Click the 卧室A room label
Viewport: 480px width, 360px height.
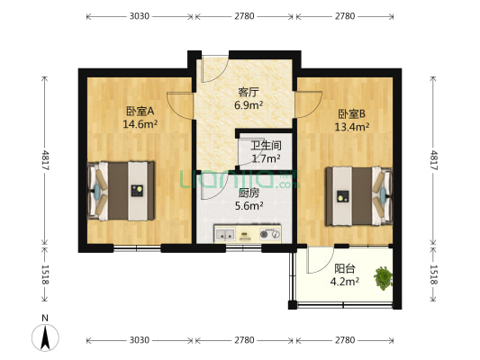[140, 112]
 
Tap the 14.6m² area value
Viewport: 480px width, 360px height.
[140, 124]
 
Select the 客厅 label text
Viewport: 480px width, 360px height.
[249, 92]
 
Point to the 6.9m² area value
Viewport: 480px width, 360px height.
[249, 104]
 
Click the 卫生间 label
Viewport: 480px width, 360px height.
[265, 145]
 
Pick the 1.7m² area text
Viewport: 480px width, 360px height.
[265, 157]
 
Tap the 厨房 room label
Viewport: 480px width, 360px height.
[248, 193]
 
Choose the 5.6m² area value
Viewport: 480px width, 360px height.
[248, 205]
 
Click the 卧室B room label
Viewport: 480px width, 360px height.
[352, 114]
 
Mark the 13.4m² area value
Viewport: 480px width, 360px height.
[352, 127]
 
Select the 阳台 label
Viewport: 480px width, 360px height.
[344, 267]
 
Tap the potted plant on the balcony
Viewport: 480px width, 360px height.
[385, 277]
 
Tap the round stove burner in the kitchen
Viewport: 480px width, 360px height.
[265, 235]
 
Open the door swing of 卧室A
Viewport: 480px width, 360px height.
[180, 106]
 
